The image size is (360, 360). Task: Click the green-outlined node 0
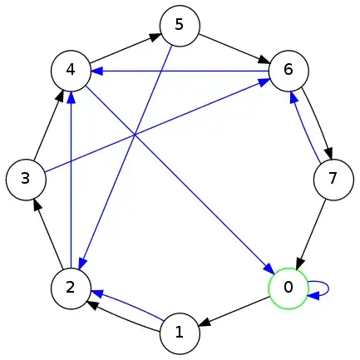click(288, 288)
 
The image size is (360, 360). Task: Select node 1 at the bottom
click(179, 333)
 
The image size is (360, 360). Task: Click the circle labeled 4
click(71, 70)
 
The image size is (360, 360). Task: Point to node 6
click(288, 70)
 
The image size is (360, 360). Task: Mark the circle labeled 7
click(333, 178)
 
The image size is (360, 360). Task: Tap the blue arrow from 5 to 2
click(125, 157)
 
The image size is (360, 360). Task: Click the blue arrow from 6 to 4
click(180, 71)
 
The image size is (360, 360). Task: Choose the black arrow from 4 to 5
click(125, 47)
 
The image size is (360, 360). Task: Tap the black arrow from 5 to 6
click(234, 47)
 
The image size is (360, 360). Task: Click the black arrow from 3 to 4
click(47, 125)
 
